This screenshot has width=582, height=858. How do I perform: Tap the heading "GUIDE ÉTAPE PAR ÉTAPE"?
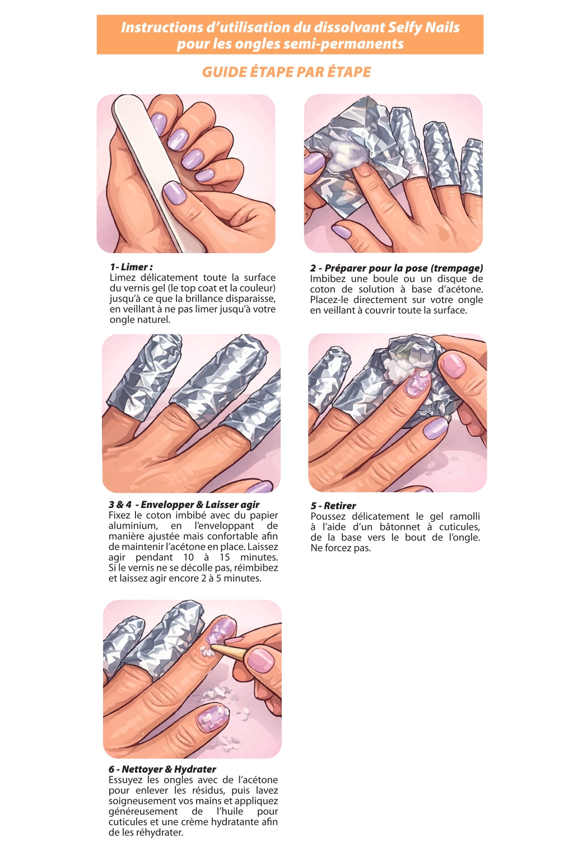287,72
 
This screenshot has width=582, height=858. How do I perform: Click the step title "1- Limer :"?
131,267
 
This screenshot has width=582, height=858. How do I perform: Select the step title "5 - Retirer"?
333,506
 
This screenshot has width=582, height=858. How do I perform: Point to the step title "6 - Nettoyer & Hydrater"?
162,769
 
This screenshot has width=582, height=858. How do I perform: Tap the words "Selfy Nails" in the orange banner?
424,27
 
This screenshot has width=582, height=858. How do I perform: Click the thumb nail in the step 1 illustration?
175,192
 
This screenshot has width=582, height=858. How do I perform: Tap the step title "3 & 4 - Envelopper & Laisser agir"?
184,505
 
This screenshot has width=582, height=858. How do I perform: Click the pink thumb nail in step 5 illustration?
453,364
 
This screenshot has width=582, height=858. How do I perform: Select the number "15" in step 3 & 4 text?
225,557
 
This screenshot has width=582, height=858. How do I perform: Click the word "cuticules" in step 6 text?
128,822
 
